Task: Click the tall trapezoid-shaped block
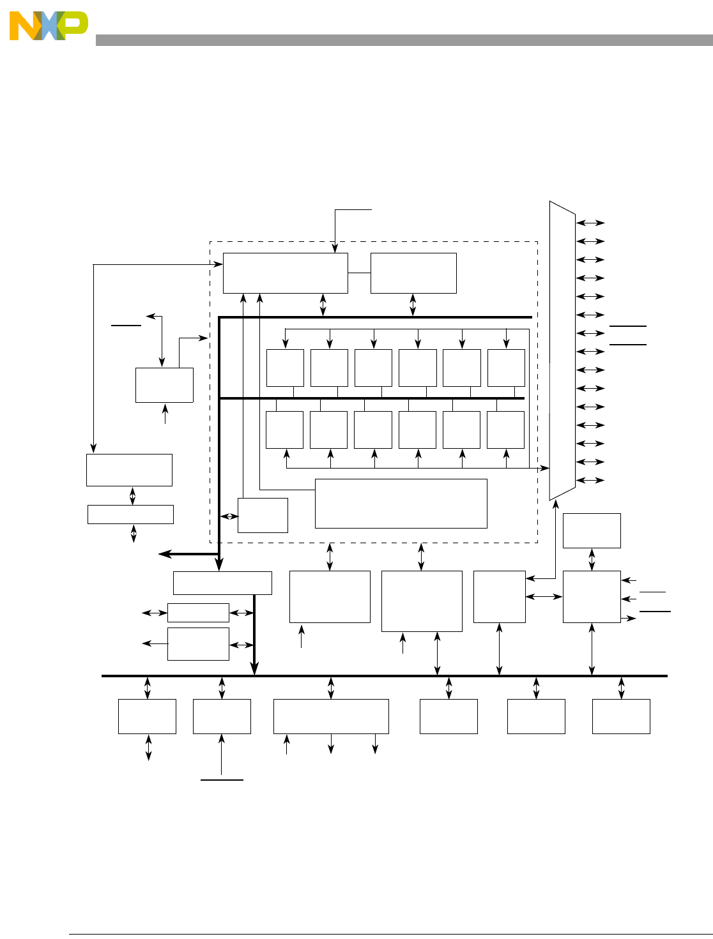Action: coord(562,351)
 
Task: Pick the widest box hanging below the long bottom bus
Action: coord(331,716)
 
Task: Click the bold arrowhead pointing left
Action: coord(164,554)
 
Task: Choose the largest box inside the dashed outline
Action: coord(401,504)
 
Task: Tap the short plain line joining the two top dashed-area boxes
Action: coord(359,273)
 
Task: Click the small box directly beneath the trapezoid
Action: coord(592,530)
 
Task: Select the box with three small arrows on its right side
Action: coord(592,597)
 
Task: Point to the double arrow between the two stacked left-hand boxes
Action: coord(132,495)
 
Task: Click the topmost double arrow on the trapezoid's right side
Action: coord(591,223)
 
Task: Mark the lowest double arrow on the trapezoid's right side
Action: coord(591,480)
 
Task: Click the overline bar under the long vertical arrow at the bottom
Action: coord(222,780)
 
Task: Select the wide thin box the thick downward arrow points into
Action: coord(222,583)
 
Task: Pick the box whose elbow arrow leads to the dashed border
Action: coord(164,385)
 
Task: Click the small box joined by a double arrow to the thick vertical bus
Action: coord(263,515)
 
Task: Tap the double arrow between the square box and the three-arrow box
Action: coord(544,597)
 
